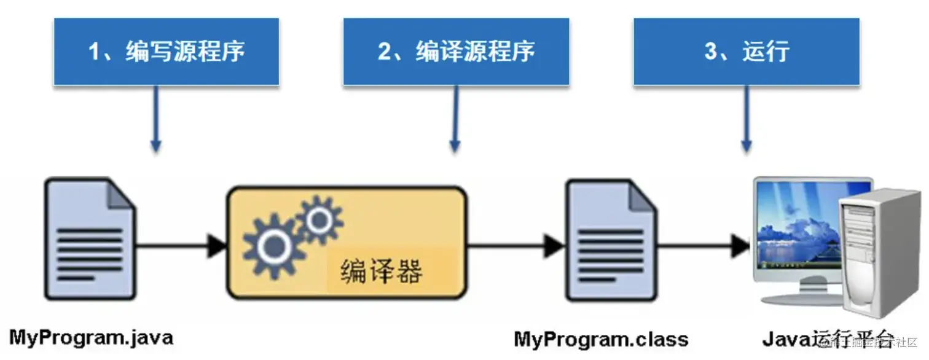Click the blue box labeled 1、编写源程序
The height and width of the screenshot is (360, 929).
(167, 51)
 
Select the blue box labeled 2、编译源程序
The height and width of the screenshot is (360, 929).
(456, 51)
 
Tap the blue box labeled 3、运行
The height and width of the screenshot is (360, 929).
(747, 51)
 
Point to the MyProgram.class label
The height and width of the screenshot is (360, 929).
(601, 339)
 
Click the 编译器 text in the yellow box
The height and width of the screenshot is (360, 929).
(381, 270)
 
